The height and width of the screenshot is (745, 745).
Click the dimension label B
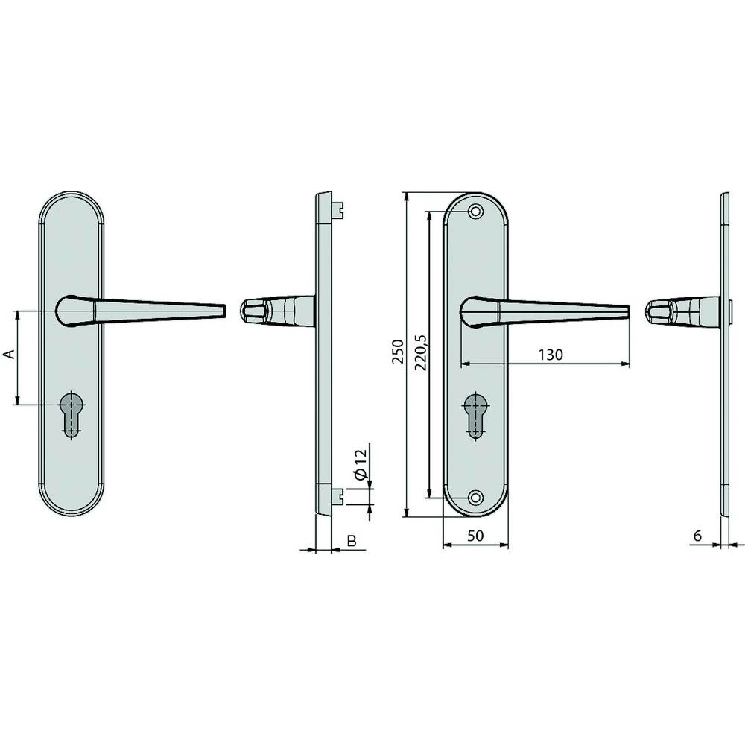click(350, 540)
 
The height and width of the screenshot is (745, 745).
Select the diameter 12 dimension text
click(360, 463)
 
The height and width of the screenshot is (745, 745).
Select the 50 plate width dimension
click(475, 536)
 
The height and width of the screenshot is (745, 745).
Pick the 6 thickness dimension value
click(697, 536)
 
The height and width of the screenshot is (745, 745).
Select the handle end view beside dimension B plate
click(276, 311)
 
